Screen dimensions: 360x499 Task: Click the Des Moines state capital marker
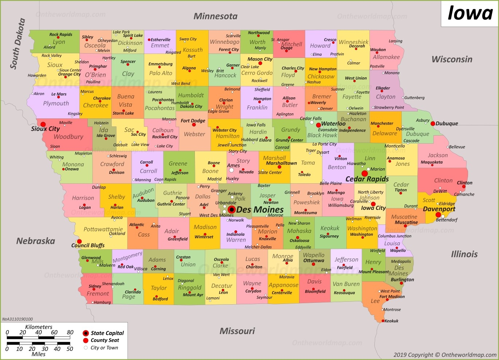[x=231, y=210]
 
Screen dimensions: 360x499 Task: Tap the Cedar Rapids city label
[x=367, y=179]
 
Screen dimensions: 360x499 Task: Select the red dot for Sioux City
[x=43, y=124]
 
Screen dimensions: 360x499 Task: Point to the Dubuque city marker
[x=433, y=124]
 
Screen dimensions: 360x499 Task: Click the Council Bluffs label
[x=88, y=245]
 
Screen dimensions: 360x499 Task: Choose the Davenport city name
[x=439, y=209]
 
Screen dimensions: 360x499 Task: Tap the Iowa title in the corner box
[x=470, y=13]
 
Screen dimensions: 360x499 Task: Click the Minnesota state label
[x=215, y=16]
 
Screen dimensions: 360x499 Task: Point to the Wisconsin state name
[x=452, y=59]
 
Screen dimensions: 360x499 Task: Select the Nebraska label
[x=36, y=241]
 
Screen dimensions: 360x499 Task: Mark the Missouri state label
[x=237, y=331]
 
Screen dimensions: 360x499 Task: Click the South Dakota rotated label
[x=17, y=44]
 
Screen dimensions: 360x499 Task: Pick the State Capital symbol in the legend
[x=86, y=333]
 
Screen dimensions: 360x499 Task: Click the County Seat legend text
[x=105, y=340]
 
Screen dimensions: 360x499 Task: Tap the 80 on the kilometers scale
[x=70, y=332]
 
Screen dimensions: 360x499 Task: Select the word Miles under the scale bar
[x=39, y=354]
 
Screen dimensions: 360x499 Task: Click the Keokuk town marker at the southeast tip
[x=383, y=321]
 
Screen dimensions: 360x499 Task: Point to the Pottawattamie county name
[x=103, y=229]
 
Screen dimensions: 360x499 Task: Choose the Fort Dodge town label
[x=193, y=121]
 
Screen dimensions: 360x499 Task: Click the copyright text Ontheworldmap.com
[x=469, y=355]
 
